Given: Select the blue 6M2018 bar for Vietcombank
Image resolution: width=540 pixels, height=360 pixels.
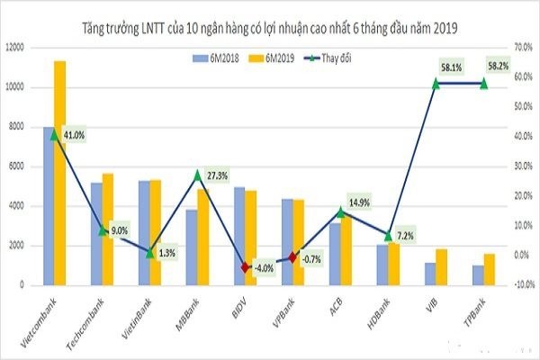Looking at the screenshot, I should (49, 206).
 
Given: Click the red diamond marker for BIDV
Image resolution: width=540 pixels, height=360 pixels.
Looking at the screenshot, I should (245, 267).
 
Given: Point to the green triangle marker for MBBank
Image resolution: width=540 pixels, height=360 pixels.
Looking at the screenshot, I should (198, 175).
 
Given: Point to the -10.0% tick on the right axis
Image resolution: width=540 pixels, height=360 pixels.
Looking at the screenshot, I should (522, 284).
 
